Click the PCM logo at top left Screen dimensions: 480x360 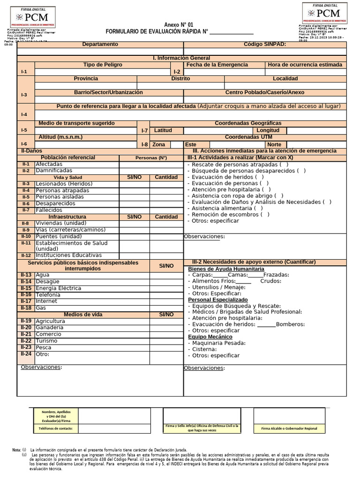coord(32,17)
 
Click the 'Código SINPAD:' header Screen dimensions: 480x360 coord(265,44)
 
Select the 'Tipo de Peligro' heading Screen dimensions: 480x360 coord(103,65)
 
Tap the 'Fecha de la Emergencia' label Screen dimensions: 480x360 coord(217,65)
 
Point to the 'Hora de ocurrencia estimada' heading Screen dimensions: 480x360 coord(305,65)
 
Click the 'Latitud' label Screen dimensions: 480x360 coord(163,130)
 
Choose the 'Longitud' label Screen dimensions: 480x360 coord(268,130)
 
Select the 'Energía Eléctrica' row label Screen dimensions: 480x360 coord(59,288)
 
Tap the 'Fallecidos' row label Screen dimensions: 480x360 coord(49,210)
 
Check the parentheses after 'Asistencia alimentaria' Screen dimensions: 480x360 coord(258,208)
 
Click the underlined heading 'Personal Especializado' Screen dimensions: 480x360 coord(218,300)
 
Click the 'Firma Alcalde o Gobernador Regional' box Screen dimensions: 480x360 coord(289,428)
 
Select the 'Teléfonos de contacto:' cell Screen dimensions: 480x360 coord(56,428)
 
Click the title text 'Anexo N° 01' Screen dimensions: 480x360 coord(178,25)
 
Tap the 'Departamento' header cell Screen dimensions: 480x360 coord(100,44)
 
